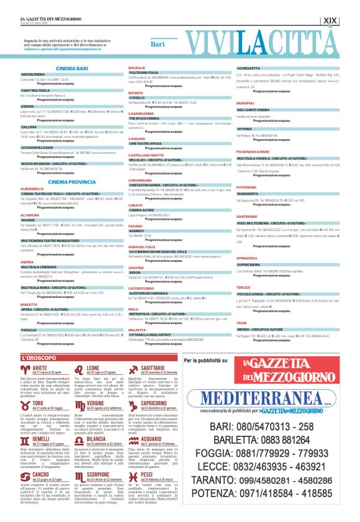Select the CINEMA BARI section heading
click(x=72, y=68)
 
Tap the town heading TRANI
click(x=241, y=323)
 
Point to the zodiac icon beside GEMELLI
click(x=29, y=423)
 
